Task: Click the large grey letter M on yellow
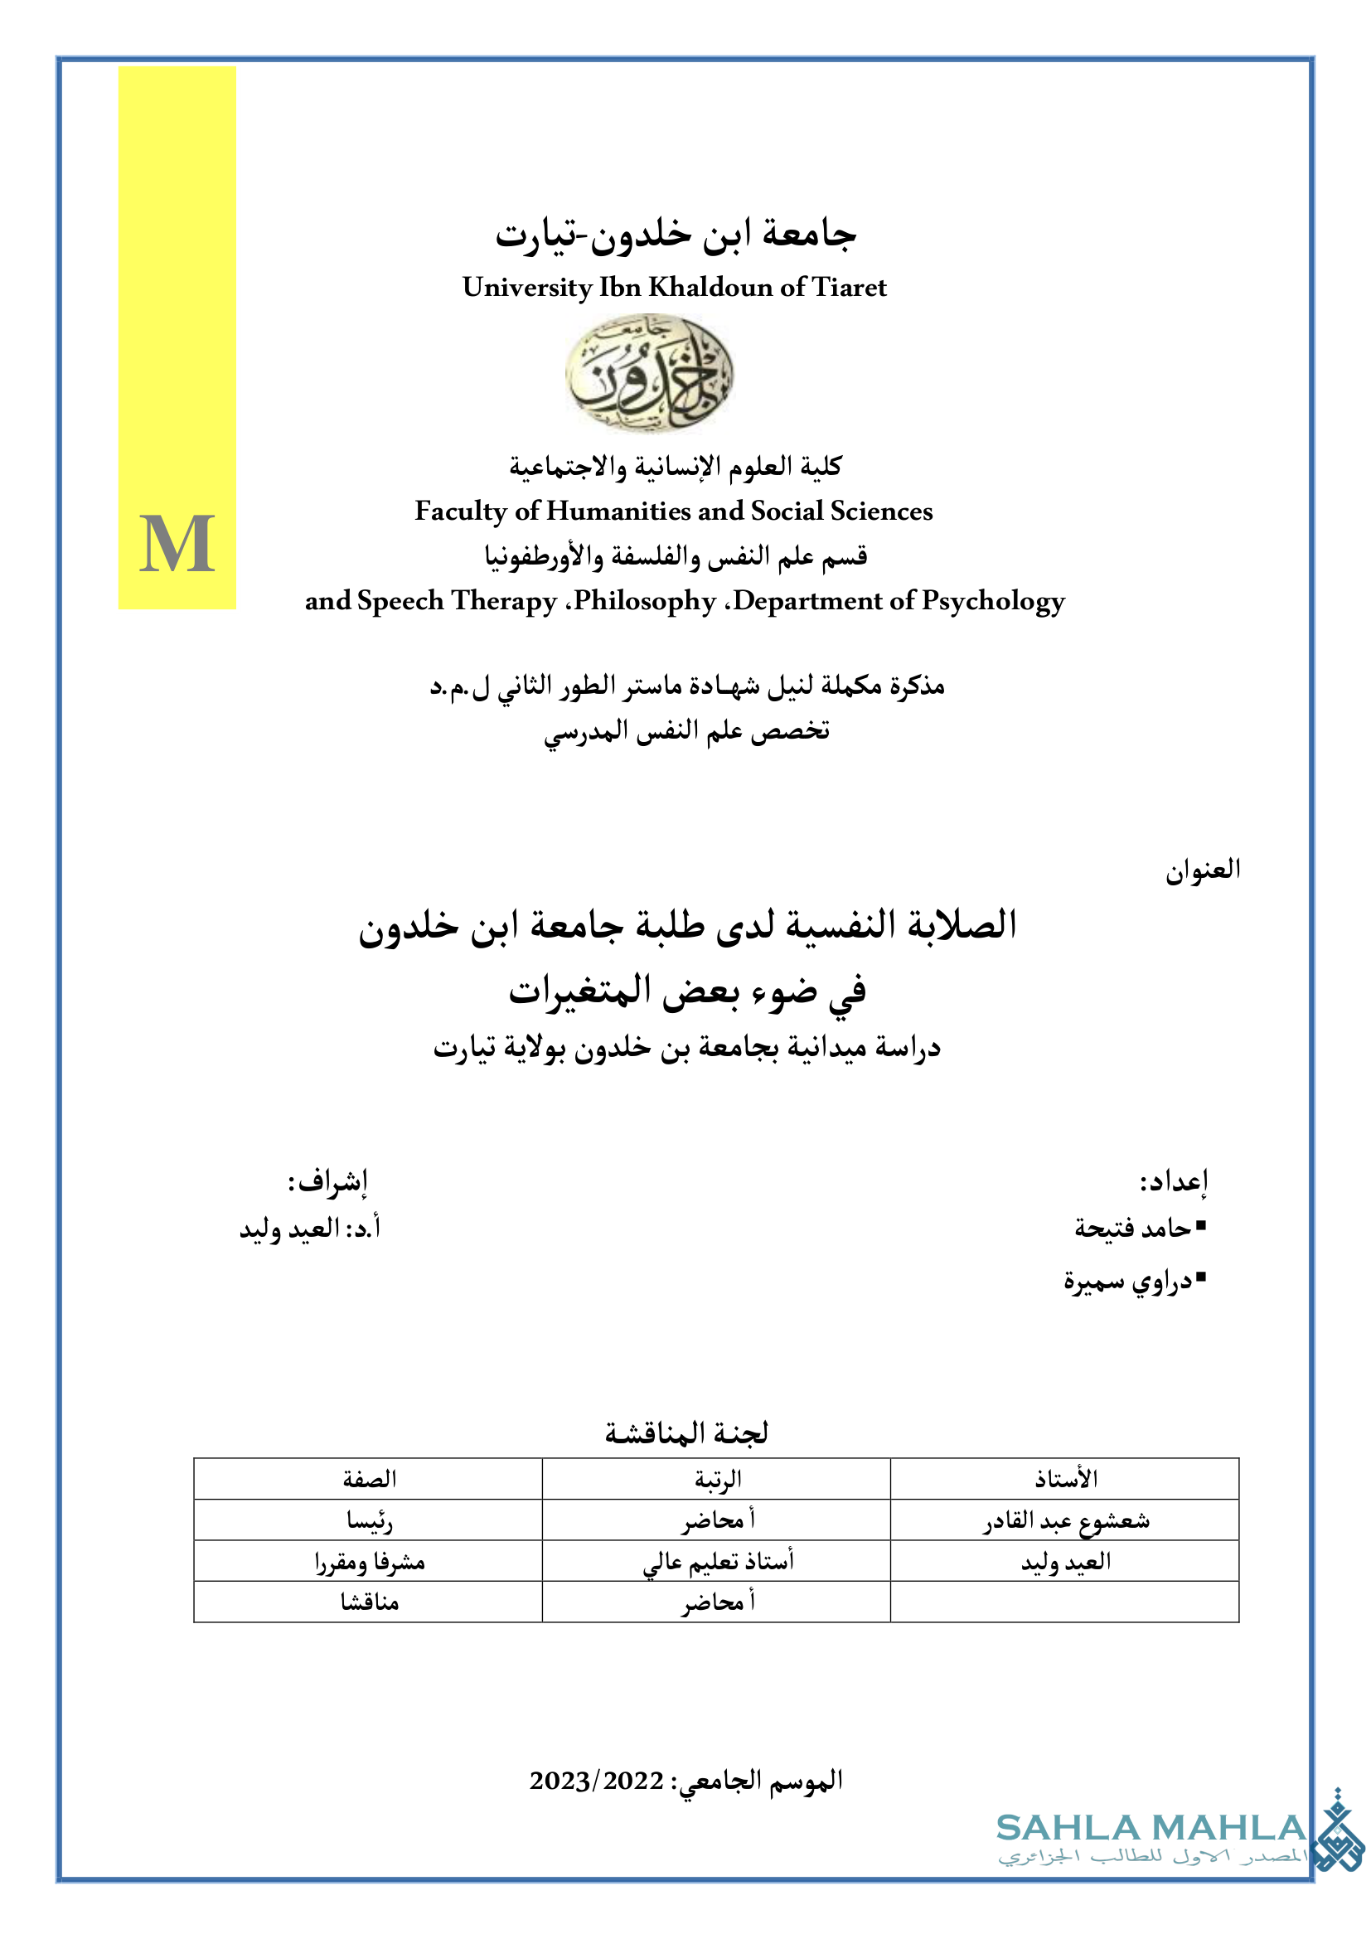click(x=177, y=544)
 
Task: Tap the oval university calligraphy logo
click(x=648, y=372)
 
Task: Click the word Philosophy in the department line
click(x=646, y=601)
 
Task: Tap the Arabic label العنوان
click(x=1202, y=870)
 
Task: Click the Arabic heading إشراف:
click(x=327, y=1180)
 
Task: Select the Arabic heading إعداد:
click(x=1174, y=1180)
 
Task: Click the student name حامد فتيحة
click(x=1133, y=1228)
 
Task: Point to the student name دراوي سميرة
click(x=1128, y=1281)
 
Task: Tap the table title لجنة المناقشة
click(x=685, y=1433)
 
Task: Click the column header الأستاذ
click(x=1065, y=1479)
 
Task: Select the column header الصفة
click(x=369, y=1479)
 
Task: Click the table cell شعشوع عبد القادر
click(x=1065, y=1521)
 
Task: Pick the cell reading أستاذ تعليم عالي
click(x=718, y=1562)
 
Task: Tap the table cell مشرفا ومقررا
click(x=369, y=1562)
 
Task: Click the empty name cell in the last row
click(x=1065, y=1602)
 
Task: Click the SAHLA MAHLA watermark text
click(x=1150, y=1829)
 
